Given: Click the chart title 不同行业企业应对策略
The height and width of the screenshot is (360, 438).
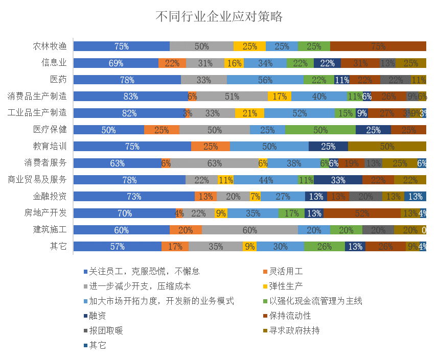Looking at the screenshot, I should coord(219,17).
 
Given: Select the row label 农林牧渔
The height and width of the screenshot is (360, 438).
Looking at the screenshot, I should coord(50,46).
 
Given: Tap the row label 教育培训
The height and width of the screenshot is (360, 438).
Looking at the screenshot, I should coord(50,146).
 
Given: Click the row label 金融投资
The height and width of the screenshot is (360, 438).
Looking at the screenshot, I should coord(50,196).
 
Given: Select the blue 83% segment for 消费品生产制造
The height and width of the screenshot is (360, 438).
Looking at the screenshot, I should coord(130,96).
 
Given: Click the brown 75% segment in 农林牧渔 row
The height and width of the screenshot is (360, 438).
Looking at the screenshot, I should coord(378,46).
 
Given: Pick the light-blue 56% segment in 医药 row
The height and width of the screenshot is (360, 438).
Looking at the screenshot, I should coord(265,80).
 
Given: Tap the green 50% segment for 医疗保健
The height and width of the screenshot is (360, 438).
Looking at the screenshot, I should coord(320,130).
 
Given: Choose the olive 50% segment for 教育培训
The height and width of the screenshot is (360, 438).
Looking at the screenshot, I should coord(387,147).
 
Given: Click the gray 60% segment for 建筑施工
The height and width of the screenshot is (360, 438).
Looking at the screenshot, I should coord(249,230).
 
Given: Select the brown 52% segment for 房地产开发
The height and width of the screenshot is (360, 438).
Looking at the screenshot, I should coord(362,213).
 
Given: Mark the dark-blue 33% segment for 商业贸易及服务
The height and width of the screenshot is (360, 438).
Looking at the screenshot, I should coord(338,180).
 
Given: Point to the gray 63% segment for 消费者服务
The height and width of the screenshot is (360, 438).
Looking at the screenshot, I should coord(214,163).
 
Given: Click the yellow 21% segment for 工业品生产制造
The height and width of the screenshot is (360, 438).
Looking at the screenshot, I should coord(249,113).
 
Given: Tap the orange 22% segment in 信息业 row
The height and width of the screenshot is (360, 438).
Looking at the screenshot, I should coord(172,63).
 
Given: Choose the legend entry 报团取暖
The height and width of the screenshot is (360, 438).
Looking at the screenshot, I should coord(106,330).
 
